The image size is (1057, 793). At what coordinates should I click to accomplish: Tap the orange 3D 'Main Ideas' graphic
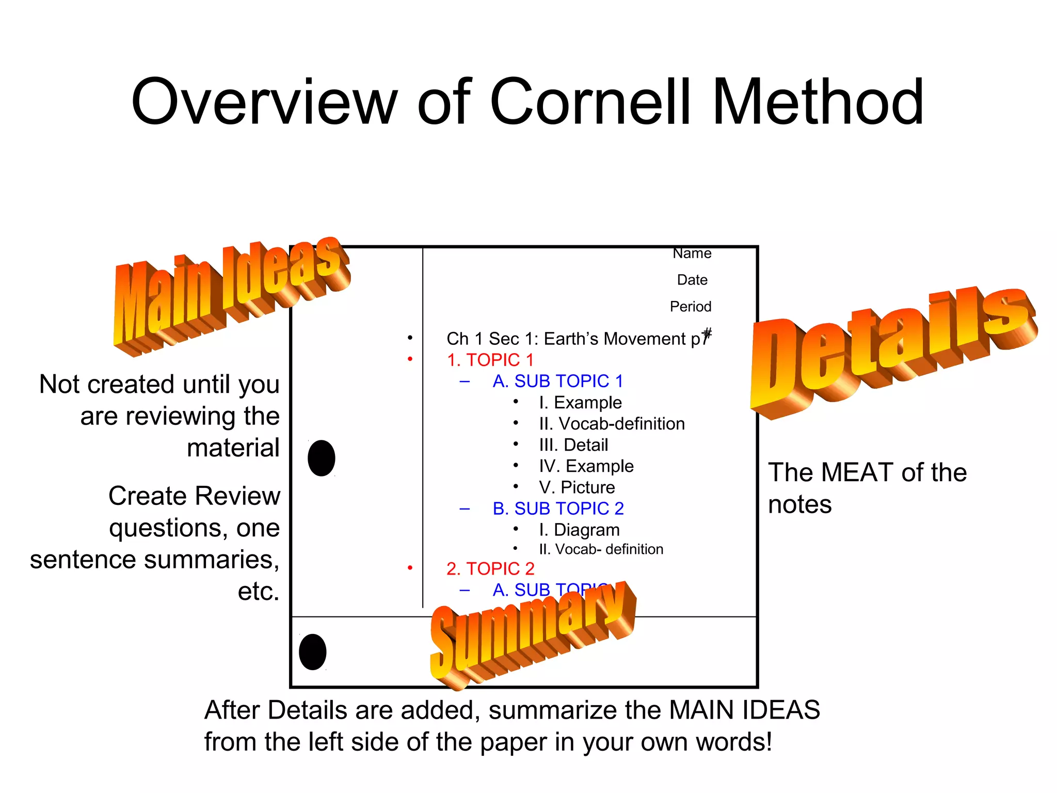pos(230,294)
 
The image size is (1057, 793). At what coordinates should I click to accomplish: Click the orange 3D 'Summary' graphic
pos(532,635)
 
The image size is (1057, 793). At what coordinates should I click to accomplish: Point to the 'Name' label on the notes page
pos(692,253)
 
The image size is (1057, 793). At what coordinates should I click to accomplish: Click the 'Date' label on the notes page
pos(692,280)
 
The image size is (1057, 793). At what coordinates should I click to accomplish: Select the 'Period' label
pos(691,307)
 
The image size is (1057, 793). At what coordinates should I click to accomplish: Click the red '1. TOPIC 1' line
pos(490,360)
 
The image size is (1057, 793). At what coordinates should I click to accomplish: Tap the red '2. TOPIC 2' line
pos(490,568)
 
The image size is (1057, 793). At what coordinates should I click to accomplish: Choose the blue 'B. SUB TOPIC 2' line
pos(558,509)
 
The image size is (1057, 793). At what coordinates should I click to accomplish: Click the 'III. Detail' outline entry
pos(573,445)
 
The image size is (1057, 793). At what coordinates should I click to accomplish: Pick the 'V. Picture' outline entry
pos(577,487)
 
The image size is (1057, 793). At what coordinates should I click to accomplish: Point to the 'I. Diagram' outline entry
pos(579,530)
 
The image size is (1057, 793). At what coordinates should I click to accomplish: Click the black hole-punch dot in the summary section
pos(313,652)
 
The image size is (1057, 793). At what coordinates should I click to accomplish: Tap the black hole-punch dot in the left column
pos(322,458)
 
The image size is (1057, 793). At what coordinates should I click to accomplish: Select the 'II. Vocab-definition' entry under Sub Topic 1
pos(612,424)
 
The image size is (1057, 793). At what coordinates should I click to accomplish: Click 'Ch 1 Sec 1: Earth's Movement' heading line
pos(573,339)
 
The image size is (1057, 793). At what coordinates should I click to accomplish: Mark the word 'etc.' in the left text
pos(258,591)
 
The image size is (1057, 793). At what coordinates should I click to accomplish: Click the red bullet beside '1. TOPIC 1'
pos(410,359)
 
